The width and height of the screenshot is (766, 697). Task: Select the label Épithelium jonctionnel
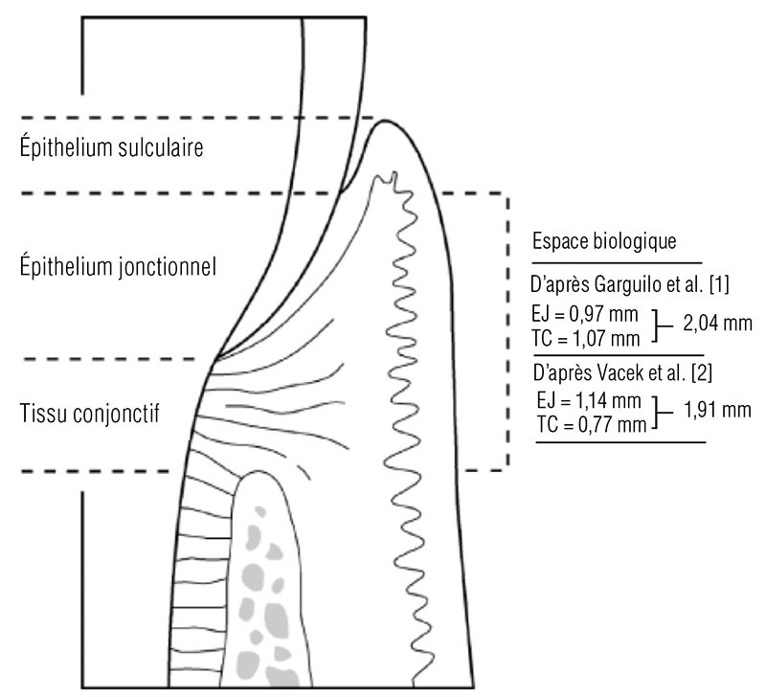click(x=119, y=267)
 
